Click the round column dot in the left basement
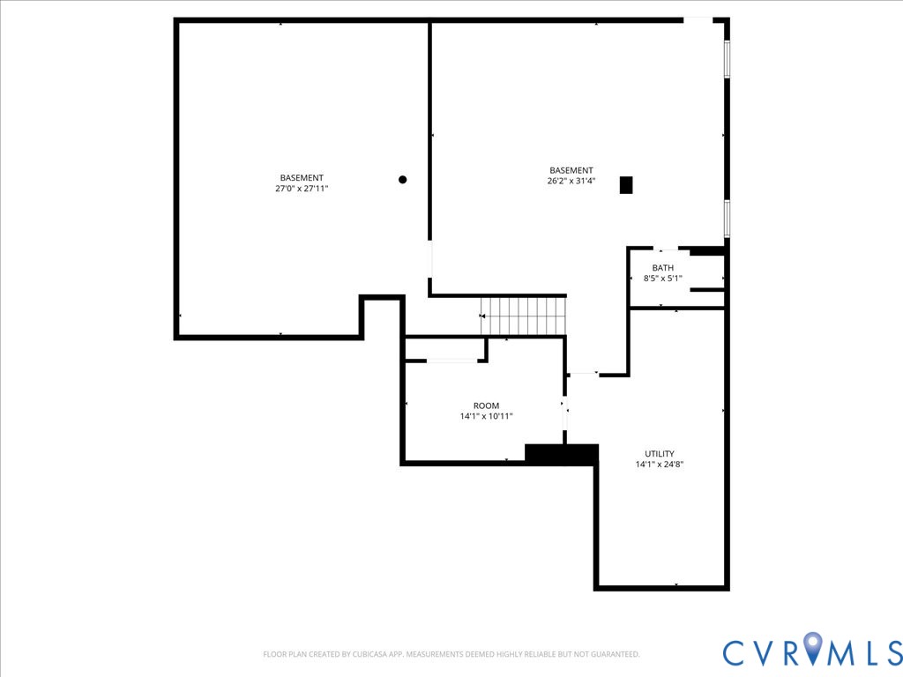[x=403, y=180]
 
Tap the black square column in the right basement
[x=626, y=185]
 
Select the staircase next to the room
[x=523, y=316]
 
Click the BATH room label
[x=663, y=268]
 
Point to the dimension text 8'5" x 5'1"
[x=663, y=279]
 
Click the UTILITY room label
[x=660, y=454]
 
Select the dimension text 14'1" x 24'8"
[x=660, y=465]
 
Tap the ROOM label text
[x=486, y=406]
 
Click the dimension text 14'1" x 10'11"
[x=486, y=417]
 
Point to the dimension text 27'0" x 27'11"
[x=302, y=189]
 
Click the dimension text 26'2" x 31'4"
[x=571, y=182]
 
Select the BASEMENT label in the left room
[x=302, y=178]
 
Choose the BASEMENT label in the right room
[x=571, y=171]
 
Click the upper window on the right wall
[x=728, y=59]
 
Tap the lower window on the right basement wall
[x=728, y=218]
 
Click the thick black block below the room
[x=562, y=454]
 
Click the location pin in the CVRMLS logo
[x=813, y=650]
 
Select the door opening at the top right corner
[x=698, y=19]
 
